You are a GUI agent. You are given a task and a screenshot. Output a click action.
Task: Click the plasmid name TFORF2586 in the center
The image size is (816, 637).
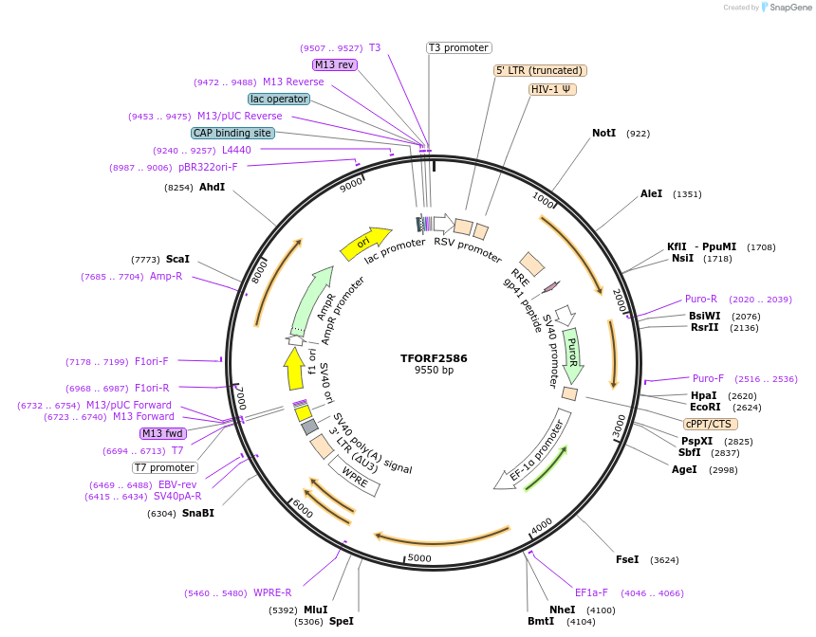[x=434, y=358]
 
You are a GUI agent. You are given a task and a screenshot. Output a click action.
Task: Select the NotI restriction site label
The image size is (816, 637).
[x=603, y=134]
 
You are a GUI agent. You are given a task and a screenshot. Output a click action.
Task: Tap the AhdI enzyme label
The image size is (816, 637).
[x=212, y=187]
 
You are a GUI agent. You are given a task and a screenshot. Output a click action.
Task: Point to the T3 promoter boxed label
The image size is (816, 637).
[x=458, y=47]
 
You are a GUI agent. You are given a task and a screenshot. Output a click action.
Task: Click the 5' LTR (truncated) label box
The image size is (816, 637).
[x=540, y=70]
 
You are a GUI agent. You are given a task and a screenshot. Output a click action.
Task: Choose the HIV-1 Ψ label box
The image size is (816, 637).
[x=552, y=89]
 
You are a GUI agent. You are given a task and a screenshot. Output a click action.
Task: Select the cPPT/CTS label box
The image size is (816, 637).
[x=709, y=424]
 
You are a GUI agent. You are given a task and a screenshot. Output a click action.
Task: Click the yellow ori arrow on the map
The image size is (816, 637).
[x=365, y=242]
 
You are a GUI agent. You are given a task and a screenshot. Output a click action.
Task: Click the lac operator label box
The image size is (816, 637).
[x=278, y=99]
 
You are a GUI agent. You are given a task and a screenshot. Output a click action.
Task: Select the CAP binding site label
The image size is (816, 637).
[x=232, y=133]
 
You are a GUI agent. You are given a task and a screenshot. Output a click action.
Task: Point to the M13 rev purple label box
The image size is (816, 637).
[x=334, y=64]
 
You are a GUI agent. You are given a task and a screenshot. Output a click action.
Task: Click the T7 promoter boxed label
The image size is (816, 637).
[x=164, y=467]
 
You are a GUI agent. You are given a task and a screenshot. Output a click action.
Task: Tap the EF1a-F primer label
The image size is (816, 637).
[x=591, y=593]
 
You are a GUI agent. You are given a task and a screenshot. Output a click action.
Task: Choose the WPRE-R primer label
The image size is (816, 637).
[x=272, y=593]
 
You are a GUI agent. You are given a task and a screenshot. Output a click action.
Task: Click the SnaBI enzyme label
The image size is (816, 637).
[x=198, y=513]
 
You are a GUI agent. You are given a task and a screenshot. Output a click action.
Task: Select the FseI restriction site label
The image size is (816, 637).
[x=627, y=559]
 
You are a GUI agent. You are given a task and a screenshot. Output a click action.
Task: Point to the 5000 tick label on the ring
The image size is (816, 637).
[x=418, y=558]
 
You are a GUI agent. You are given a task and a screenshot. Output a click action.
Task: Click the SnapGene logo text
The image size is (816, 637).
[x=788, y=8]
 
